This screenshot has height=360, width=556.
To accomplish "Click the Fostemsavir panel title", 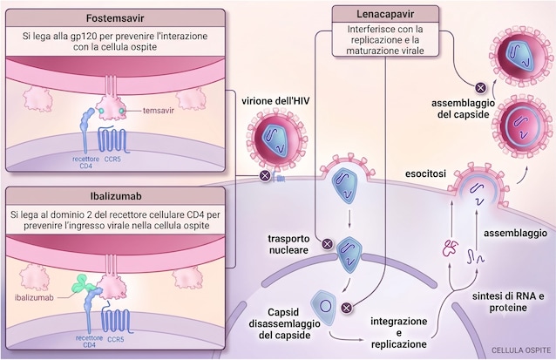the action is pos(115,18).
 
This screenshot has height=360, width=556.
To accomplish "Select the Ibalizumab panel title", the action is pos(116,196).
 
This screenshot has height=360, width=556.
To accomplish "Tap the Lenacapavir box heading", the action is pos(385,15).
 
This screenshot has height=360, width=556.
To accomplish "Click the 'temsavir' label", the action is pos(159,111).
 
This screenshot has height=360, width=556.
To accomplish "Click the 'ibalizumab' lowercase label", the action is pos(34,297).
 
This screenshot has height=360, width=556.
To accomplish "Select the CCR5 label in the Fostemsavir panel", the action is pos(112,160).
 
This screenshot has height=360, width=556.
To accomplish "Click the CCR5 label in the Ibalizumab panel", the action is pos(116,339).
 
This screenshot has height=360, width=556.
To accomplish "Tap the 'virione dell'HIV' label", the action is pos(275,101).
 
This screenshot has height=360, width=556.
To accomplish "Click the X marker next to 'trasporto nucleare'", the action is pos(328,244).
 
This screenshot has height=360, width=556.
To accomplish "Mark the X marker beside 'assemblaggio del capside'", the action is pos(480,88).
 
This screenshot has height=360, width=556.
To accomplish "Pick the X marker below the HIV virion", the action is pos(265,175).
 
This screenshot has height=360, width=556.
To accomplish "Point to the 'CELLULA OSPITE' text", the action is pos(521,350).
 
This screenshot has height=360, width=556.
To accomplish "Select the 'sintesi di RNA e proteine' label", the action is pos(508,302).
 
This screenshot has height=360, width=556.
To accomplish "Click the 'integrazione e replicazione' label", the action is pos(399,333).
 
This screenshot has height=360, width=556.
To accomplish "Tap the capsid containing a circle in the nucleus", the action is pos(324,307).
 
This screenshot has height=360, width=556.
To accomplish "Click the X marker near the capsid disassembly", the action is pos(347,307).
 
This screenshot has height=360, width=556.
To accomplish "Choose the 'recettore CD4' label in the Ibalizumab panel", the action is pos(89,341).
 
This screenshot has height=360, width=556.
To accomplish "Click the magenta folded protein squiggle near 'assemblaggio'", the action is pos(451,248).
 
